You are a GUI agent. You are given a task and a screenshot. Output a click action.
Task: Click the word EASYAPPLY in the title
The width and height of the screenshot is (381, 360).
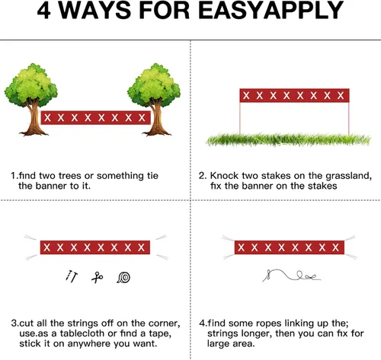[271, 11]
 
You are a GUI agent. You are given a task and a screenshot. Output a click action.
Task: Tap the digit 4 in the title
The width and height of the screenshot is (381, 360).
[44, 11]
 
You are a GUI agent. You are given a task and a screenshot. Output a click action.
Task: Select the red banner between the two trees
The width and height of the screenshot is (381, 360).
[96, 118]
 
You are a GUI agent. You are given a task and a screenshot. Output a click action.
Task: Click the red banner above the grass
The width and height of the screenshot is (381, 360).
[294, 95]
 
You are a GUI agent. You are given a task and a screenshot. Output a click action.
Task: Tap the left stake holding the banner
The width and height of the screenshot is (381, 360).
[240, 118]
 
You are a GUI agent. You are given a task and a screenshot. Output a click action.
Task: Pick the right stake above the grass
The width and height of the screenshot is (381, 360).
[349, 118]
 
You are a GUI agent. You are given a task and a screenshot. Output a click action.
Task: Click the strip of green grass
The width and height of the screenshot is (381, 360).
[289, 140]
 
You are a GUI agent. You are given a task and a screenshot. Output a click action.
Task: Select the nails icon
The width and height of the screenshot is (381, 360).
[72, 276]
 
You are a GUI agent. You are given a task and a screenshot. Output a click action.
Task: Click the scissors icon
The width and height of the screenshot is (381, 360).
[98, 277]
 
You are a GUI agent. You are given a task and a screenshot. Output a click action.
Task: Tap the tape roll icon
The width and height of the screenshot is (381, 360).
[123, 277]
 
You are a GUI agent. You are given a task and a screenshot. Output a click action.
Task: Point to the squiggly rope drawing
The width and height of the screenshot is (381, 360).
[291, 276]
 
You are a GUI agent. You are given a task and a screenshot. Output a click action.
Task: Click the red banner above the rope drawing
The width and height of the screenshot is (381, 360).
[290, 247]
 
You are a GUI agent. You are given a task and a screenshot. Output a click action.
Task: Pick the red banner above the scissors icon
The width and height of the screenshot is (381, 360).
[95, 247]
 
